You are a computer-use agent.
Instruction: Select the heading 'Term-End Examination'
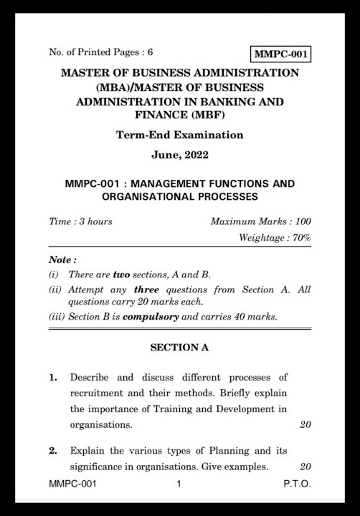point(179,135)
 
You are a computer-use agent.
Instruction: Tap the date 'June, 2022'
point(180,154)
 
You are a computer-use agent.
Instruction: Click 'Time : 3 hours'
point(80,221)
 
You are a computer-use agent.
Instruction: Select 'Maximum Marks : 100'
point(261,221)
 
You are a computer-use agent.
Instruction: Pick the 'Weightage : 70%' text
point(275,237)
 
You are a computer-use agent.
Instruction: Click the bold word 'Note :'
point(62,259)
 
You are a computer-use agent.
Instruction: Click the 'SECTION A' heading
point(179,348)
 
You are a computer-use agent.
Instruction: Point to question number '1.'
point(54,377)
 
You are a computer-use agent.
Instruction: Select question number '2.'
point(53,451)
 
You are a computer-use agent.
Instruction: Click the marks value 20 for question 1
point(305,424)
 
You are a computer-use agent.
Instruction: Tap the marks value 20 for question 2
point(305,467)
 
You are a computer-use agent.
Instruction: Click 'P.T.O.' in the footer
point(297,484)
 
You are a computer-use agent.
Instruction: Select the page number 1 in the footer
point(179,484)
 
